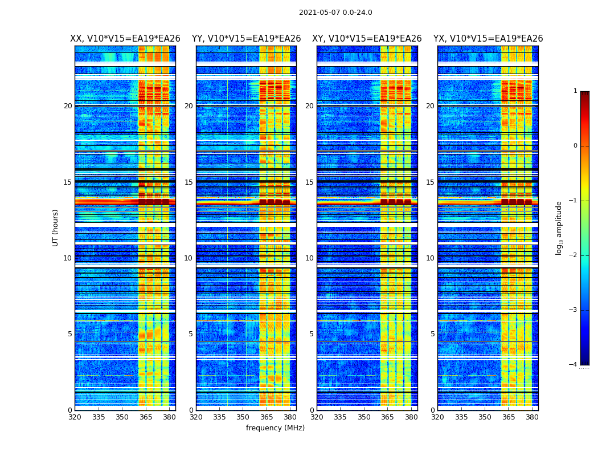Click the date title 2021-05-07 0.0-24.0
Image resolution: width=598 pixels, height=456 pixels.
(335, 13)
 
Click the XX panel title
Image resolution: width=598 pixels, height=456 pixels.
(125, 39)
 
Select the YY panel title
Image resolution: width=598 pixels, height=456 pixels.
(246, 39)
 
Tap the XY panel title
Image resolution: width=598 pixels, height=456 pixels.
(367, 39)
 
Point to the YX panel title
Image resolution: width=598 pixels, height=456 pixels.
(488, 39)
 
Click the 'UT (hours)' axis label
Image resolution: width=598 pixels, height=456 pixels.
(56, 227)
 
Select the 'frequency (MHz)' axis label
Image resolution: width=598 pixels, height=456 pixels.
(275, 428)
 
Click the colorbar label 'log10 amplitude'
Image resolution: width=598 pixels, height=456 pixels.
(559, 227)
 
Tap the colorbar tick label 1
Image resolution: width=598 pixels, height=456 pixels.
(575, 91)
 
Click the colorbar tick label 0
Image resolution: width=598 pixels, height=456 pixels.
(575, 146)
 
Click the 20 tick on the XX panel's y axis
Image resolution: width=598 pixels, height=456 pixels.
(68, 106)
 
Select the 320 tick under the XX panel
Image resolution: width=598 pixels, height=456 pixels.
(75, 417)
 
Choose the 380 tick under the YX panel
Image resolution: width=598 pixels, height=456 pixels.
(532, 417)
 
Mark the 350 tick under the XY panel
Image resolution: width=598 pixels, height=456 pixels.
(364, 417)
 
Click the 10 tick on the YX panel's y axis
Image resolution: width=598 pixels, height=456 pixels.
(431, 258)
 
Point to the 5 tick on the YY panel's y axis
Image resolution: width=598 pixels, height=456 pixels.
(191, 334)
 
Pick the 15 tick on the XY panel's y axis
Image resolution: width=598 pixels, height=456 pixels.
(309, 182)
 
